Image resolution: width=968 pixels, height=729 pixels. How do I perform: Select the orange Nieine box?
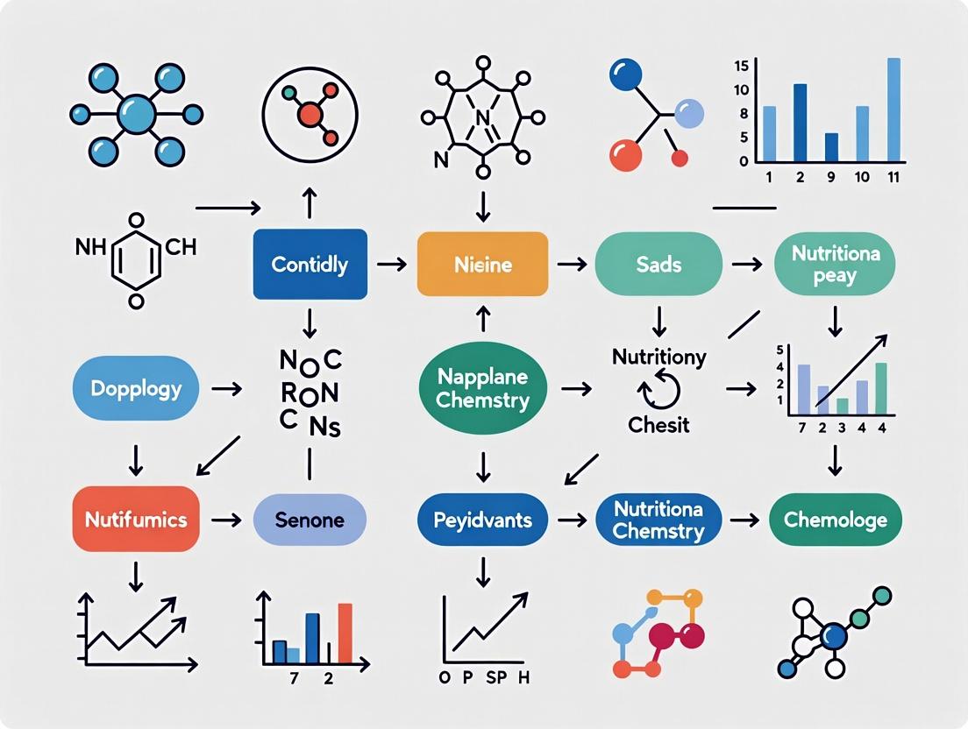point(483,263)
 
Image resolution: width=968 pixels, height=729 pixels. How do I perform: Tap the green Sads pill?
point(658,263)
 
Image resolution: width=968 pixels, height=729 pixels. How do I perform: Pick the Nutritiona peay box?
point(835,263)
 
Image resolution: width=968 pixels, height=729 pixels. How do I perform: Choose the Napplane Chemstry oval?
point(482,388)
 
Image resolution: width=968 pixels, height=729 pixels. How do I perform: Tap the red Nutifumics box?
point(135,520)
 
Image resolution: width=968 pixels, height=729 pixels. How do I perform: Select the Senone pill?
point(310,520)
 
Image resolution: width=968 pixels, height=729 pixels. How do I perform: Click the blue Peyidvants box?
point(482,520)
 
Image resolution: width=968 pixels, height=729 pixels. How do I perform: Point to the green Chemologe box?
point(835,520)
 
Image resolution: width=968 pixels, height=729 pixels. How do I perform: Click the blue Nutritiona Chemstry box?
point(658,520)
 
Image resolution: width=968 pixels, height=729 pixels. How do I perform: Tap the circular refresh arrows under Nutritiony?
point(658,389)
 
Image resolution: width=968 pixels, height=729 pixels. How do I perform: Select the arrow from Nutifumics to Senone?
point(226,520)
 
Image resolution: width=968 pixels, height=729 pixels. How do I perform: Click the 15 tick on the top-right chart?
point(741,65)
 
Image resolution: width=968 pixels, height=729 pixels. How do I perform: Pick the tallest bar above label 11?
point(893,110)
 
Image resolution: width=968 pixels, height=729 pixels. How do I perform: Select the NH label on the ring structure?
point(90,247)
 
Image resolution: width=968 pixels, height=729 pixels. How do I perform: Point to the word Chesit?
point(658,425)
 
